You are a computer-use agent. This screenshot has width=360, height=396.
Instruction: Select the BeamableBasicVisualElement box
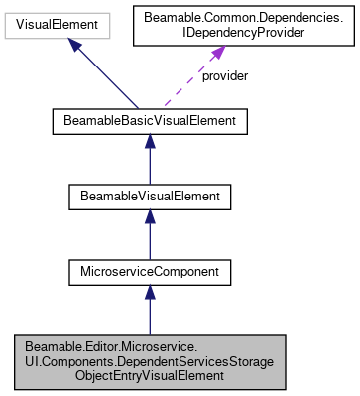click(149, 122)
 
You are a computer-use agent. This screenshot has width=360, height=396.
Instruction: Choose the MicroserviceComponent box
click(149, 269)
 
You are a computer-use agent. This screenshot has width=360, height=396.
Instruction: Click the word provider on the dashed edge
click(223, 75)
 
